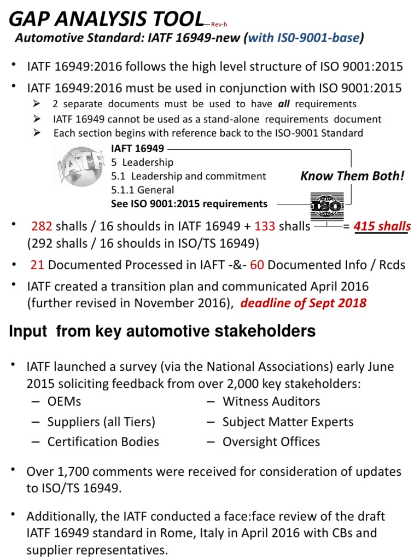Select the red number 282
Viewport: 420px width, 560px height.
tap(41, 226)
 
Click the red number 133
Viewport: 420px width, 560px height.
tap(265, 226)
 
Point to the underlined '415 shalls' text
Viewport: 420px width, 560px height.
tap(382, 226)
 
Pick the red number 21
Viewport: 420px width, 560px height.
tap(37, 265)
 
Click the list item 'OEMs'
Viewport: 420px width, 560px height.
tap(63, 401)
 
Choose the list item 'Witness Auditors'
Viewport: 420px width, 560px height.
tap(271, 401)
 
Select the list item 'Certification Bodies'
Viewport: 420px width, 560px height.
tap(103, 441)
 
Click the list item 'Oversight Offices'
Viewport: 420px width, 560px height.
tap(271, 441)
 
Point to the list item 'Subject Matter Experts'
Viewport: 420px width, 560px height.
tap(288, 422)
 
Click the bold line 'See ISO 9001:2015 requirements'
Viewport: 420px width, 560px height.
tap(189, 204)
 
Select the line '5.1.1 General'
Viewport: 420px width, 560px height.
tap(142, 190)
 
